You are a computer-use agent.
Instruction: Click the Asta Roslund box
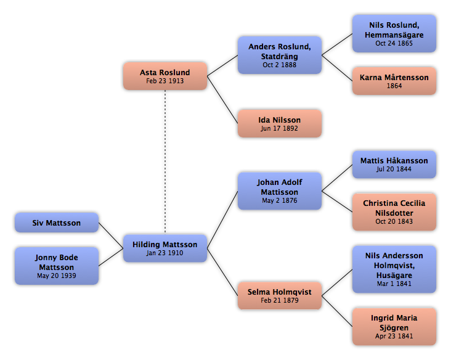tap(165, 76)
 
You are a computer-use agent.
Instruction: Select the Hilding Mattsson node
tap(165, 248)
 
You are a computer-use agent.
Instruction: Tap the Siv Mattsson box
tap(57, 223)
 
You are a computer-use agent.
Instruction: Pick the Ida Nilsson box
tap(280, 123)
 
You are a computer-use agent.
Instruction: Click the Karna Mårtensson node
tap(394, 81)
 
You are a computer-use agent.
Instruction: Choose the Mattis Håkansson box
tap(394, 165)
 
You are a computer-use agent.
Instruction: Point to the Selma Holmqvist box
tap(280, 295)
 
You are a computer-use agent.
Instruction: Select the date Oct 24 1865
tap(394, 43)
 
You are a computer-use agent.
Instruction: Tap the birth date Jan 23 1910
tap(165, 253)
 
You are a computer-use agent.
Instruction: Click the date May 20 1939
tap(57, 276)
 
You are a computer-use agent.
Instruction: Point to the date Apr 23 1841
tap(394, 336)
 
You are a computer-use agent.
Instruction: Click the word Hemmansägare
tap(394, 35)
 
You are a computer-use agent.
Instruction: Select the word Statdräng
tap(280, 56)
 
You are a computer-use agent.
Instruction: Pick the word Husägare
tap(394, 275)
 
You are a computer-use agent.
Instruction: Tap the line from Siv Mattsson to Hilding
tap(111, 235)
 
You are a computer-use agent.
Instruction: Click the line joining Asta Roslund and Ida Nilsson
tap(222, 100)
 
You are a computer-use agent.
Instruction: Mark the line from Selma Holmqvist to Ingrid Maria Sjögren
tap(337, 311)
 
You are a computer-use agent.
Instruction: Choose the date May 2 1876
tap(280, 200)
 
